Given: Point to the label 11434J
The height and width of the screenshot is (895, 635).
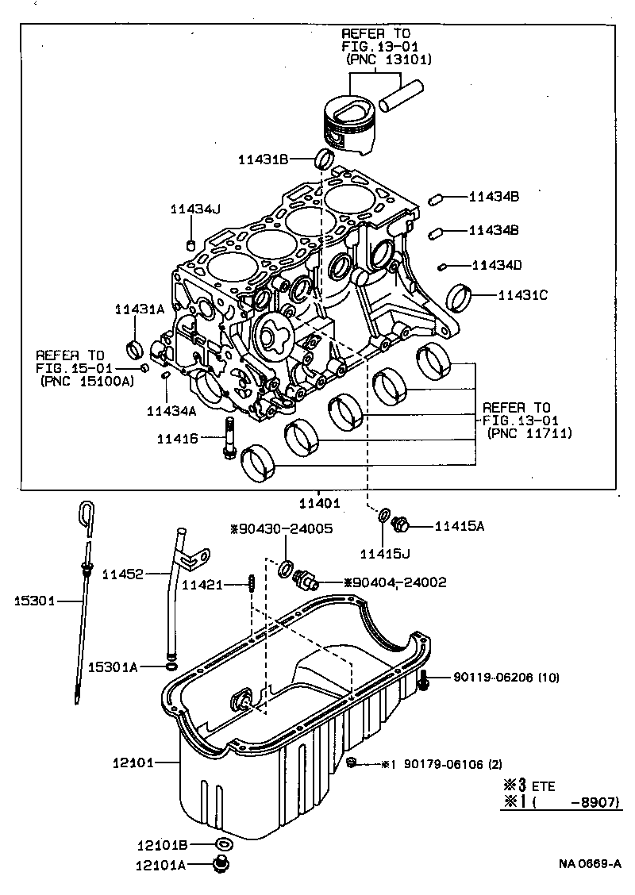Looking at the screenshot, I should pyautogui.click(x=194, y=209).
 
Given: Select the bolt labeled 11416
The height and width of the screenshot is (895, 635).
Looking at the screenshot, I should pyautogui.click(x=229, y=437).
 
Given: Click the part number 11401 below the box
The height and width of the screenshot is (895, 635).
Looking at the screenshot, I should pyautogui.click(x=319, y=503).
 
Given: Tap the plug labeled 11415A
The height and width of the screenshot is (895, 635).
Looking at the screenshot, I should pyautogui.click(x=402, y=524).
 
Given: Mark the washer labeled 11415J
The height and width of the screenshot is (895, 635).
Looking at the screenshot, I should pyautogui.click(x=384, y=517).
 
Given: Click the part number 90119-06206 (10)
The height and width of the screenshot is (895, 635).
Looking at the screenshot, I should pyautogui.click(x=506, y=678).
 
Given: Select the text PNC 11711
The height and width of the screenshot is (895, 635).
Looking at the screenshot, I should pyautogui.click(x=529, y=433).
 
